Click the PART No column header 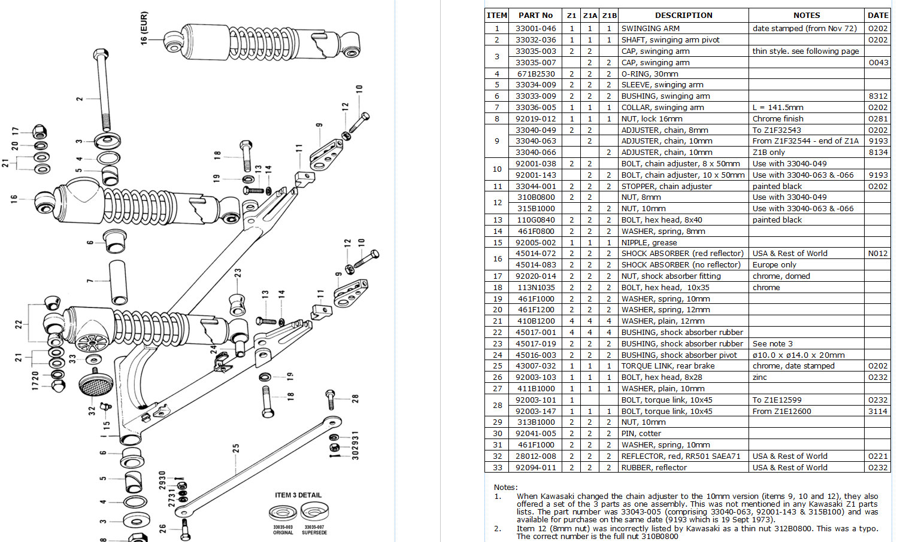(535, 16)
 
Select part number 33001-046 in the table (535, 28)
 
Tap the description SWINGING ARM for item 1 (650, 28)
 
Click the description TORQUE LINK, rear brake (668, 366)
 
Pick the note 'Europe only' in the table (774, 265)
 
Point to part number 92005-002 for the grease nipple (535, 243)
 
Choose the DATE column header (878, 16)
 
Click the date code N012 (878, 254)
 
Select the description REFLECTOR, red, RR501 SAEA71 (681, 456)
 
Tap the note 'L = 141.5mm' (778, 108)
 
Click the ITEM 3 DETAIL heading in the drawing (298, 495)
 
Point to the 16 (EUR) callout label (144, 28)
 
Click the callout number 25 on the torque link (236, 448)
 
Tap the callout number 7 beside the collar (90, 281)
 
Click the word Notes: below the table (505, 488)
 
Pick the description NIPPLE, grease (649, 243)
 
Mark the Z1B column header (609, 16)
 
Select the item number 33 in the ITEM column (497, 468)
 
